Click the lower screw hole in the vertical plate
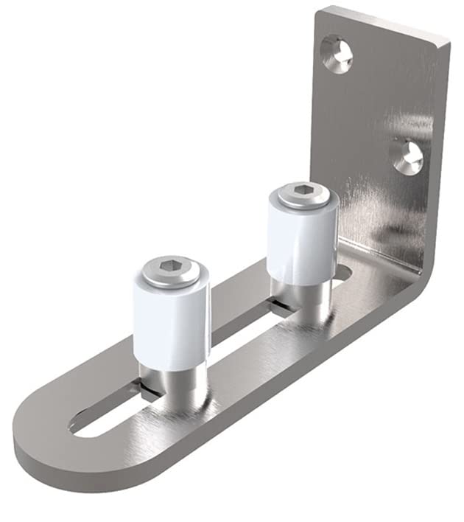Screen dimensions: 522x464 pos(407,156)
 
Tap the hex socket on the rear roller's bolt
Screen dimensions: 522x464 pos(301,193)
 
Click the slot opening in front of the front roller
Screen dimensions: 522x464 pos(103,420)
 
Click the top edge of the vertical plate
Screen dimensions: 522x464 pos(383,22)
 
